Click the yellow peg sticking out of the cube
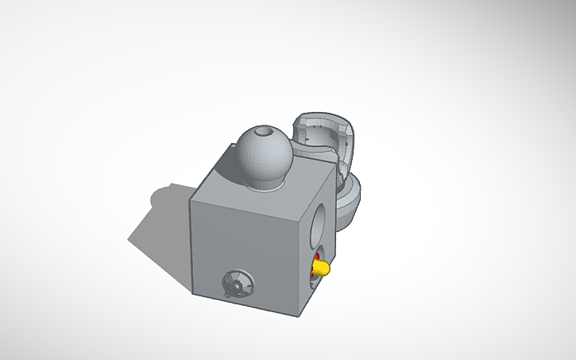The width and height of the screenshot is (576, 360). click(321, 269)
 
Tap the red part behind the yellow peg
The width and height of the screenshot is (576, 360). click(316, 259)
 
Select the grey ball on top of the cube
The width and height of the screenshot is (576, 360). click(263, 155)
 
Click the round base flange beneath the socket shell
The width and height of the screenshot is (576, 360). click(350, 203)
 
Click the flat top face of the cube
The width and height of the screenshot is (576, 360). click(270, 179)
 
